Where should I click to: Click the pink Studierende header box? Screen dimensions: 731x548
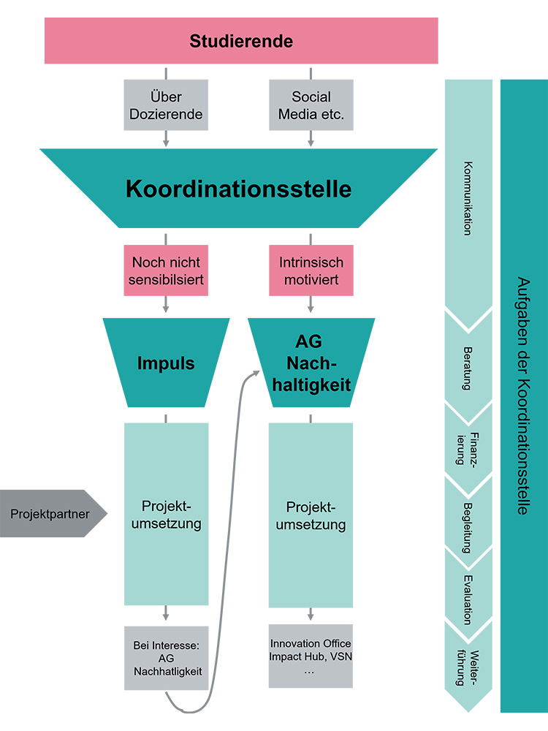point(241,41)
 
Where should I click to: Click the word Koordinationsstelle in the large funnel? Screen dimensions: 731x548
point(238,189)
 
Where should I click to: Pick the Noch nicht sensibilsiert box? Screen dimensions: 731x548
point(166,270)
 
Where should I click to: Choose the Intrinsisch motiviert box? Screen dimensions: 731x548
point(311,270)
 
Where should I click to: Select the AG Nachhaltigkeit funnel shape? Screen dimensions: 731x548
point(312,363)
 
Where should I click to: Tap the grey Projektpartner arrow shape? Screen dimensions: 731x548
point(51,513)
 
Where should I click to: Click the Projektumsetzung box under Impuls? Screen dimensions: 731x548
point(166,515)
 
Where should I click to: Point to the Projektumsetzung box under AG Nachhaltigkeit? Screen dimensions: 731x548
point(311,515)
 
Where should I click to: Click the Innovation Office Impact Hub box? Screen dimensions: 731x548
point(311,656)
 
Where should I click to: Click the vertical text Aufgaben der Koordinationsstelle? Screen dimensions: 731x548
point(523,395)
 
